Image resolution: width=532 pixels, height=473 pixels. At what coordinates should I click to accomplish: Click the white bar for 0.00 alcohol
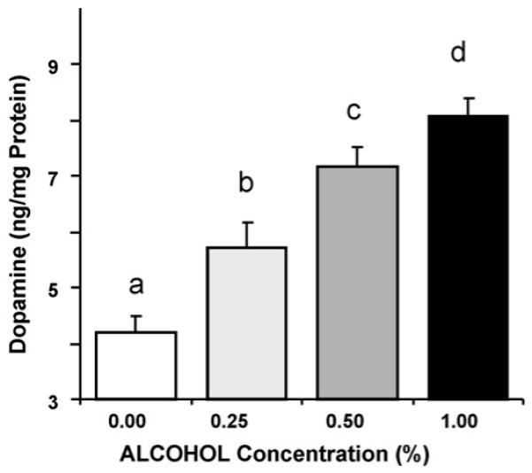136,365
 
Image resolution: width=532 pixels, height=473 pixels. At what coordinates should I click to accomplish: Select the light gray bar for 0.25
247,323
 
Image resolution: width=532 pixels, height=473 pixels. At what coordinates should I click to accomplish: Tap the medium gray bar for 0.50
357,283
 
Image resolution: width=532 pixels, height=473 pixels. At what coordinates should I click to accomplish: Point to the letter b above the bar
247,184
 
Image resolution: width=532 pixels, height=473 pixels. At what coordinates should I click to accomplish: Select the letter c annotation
357,112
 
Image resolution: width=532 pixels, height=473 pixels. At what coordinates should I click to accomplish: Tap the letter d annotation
458,53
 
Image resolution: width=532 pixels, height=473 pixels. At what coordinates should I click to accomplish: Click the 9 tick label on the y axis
65,65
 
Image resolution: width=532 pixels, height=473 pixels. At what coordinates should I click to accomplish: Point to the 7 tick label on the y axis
65,176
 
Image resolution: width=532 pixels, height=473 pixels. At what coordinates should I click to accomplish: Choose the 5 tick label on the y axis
65,288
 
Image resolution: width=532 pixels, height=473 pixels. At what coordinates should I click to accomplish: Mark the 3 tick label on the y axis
65,399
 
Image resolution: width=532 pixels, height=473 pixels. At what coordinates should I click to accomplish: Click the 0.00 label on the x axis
136,423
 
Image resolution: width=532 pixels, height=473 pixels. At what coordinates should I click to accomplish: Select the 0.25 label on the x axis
247,423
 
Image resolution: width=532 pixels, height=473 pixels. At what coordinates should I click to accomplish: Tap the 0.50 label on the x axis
357,423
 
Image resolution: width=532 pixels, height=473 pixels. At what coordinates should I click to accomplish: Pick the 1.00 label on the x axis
467,423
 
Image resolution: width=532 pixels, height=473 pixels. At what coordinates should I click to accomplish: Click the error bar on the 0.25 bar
247,234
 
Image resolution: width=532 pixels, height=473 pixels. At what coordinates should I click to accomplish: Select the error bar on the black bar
467,105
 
